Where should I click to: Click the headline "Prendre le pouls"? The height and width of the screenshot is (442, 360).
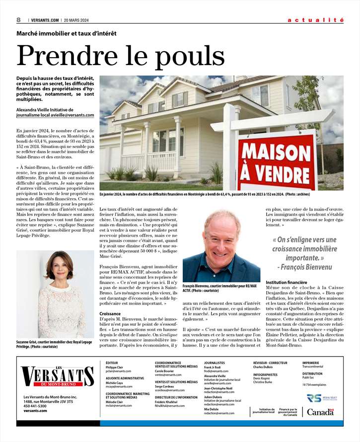(x=114, y=56)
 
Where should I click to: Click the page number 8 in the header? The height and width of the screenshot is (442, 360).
(x=18, y=20)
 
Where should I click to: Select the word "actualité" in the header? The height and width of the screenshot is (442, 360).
(x=315, y=20)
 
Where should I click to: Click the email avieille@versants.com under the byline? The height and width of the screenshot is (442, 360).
(x=72, y=115)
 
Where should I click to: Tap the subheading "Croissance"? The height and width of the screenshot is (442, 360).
(x=110, y=314)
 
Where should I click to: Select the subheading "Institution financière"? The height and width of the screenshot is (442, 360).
(x=287, y=282)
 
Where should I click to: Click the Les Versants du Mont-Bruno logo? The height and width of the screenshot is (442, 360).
(x=57, y=377)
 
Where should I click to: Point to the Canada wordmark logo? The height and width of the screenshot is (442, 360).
(x=320, y=412)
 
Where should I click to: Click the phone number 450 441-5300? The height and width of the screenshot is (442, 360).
(x=35, y=406)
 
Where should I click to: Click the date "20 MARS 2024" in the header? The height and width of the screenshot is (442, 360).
(x=78, y=20)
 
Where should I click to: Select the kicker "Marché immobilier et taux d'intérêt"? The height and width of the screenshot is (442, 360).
(x=67, y=33)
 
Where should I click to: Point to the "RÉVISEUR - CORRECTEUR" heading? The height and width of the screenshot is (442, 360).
(x=270, y=363)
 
